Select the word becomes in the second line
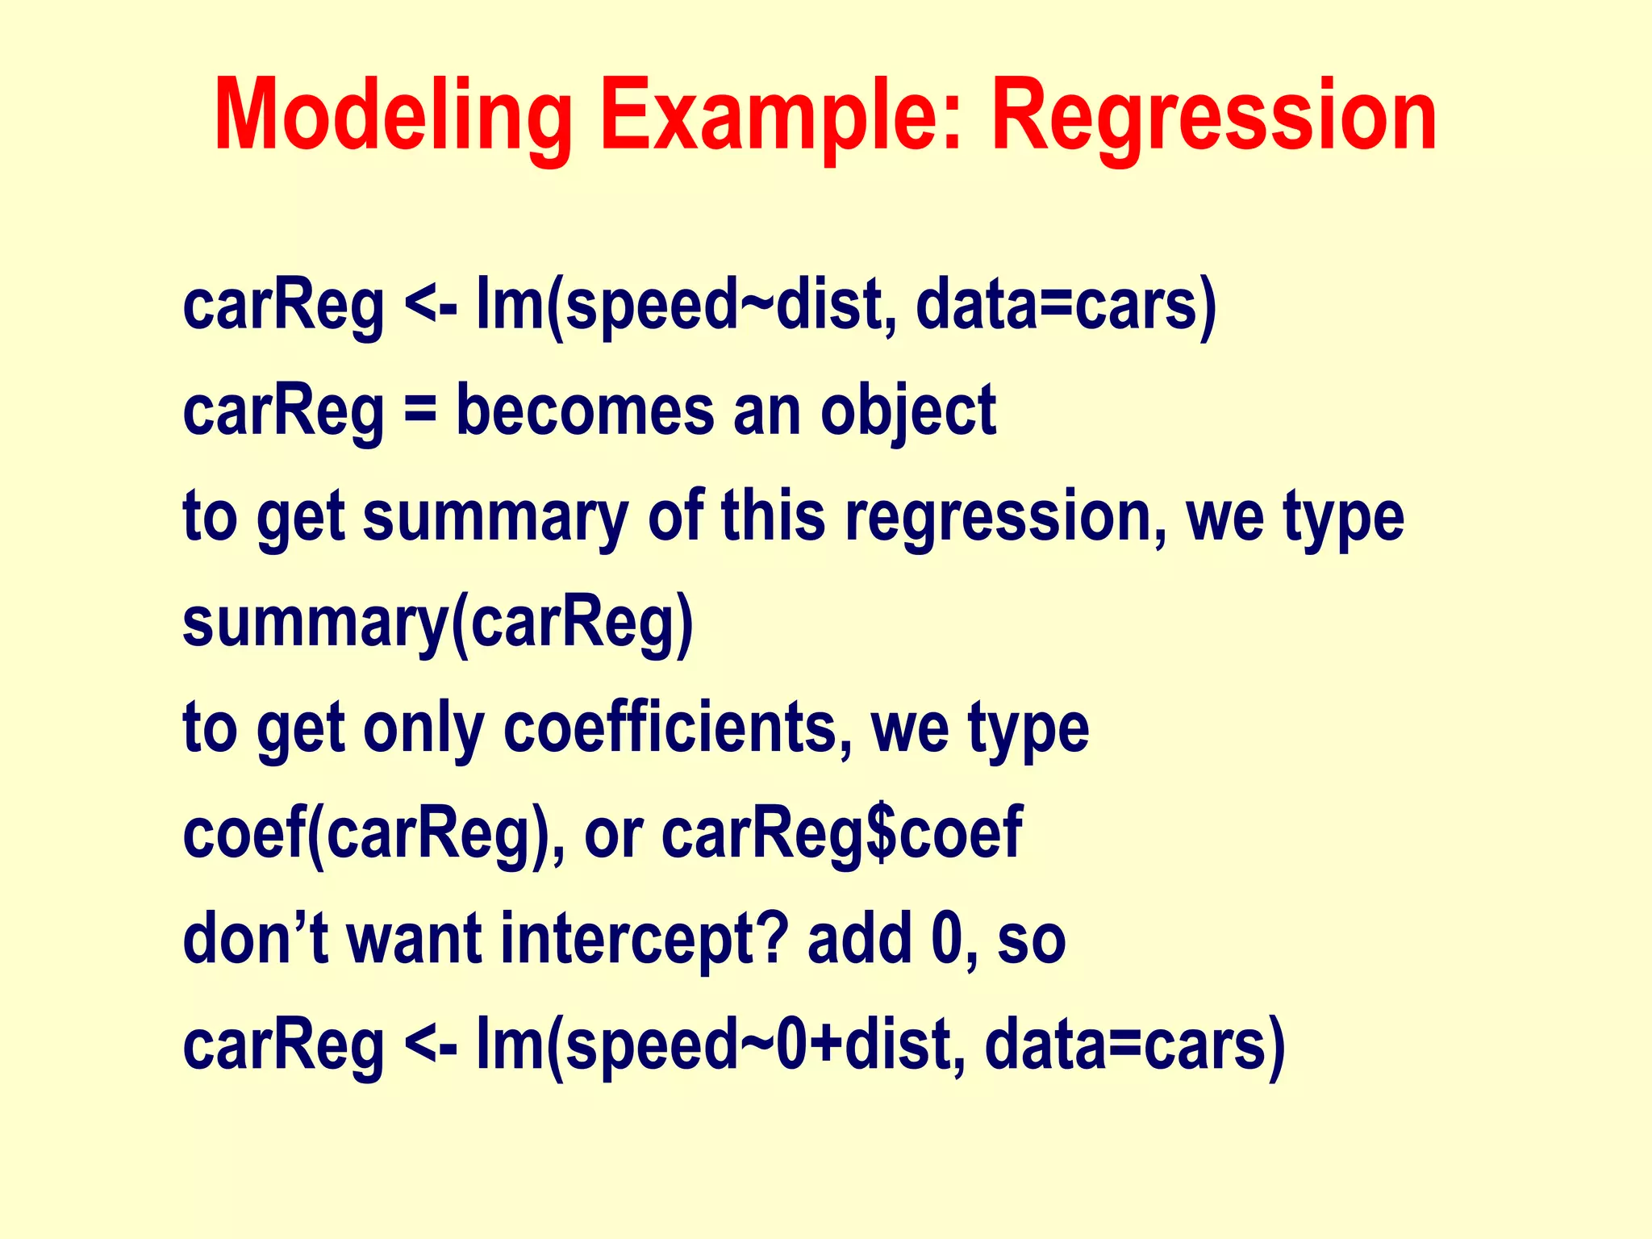tap(585, 411)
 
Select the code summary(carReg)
tap(438, 622)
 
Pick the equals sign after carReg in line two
tap(419, 412)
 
